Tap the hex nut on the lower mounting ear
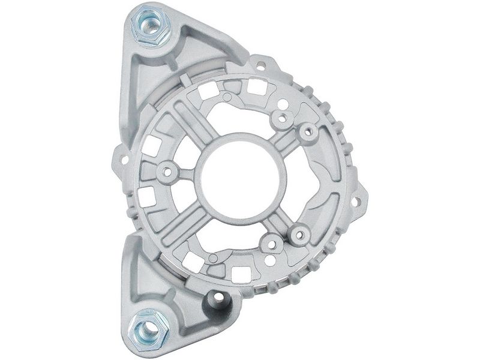(x=147, y=329)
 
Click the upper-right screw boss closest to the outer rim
(x=308, y=131)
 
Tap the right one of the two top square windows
(x=255, y=86)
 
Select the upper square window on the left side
(x=155, y=145)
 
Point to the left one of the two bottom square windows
(x=193, y=261)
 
